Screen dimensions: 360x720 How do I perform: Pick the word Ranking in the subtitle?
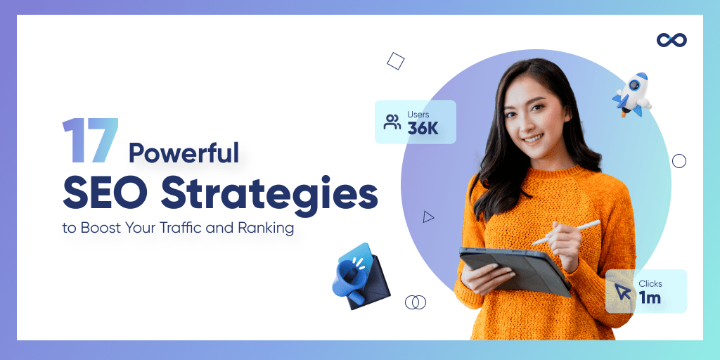tap(269, 229)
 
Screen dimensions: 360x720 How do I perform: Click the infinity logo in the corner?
tap(671, 40)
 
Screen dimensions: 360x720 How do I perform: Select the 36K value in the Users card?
tap(423, 128)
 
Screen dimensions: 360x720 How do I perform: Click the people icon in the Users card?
tap(392, 122)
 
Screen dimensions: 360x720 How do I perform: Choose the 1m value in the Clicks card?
tap(650, 297)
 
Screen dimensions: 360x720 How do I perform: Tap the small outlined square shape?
tap(396, 61)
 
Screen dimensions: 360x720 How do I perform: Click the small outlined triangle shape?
tap(428, 217)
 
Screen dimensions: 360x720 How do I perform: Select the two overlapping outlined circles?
tap(416, 302)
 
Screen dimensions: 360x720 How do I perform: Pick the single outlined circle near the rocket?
tap(679, 161)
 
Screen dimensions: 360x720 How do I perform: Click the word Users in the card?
tap(418, 114)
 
